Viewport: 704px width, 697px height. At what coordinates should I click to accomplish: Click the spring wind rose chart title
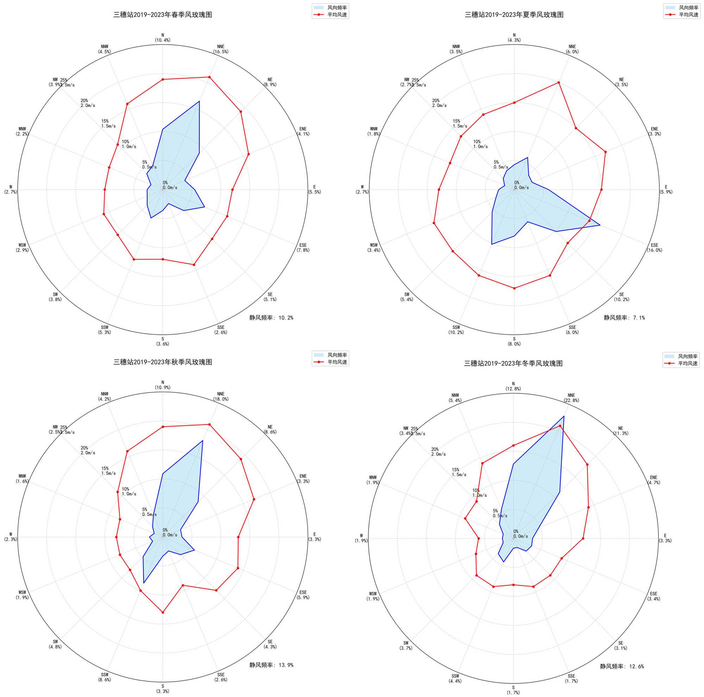[x=163, y=15]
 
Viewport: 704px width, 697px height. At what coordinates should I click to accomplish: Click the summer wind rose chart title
[x=514, y=15]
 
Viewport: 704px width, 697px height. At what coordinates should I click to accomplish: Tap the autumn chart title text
[x=163, y=362]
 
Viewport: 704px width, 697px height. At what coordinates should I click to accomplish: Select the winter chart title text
[x=513, y=364]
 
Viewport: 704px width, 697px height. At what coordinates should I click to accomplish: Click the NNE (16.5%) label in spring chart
[x=220, y=49]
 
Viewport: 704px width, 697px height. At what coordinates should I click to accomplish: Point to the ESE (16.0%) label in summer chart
[x=654, y=248]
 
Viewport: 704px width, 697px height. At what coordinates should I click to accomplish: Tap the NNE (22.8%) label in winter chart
[x=571, y=398]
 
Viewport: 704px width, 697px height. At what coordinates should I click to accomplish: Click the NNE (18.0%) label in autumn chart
[x=220, y=396]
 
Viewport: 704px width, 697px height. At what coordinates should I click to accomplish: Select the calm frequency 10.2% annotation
[x=271, y=318]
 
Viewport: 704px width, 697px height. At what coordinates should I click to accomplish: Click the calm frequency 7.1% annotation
[x=624, y=318]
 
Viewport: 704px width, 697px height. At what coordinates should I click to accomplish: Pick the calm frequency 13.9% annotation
[x=271, y=665]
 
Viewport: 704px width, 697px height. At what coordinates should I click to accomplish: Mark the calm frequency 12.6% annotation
[x=622, y=666]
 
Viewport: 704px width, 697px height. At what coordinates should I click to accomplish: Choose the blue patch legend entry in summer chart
[x=681, y=7]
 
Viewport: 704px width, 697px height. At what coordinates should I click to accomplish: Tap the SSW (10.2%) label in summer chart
[x=456, y=330]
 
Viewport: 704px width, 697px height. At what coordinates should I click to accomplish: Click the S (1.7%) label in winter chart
[x=513, y=690]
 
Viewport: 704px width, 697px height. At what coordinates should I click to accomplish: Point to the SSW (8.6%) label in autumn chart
[x=105, y=677]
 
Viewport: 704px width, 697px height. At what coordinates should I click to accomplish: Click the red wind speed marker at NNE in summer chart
[x=559, y=83]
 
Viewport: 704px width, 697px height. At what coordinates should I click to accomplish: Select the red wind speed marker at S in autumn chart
[x=163, y=613]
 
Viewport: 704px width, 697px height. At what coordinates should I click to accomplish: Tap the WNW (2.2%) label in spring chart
[x=22, y=132]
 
